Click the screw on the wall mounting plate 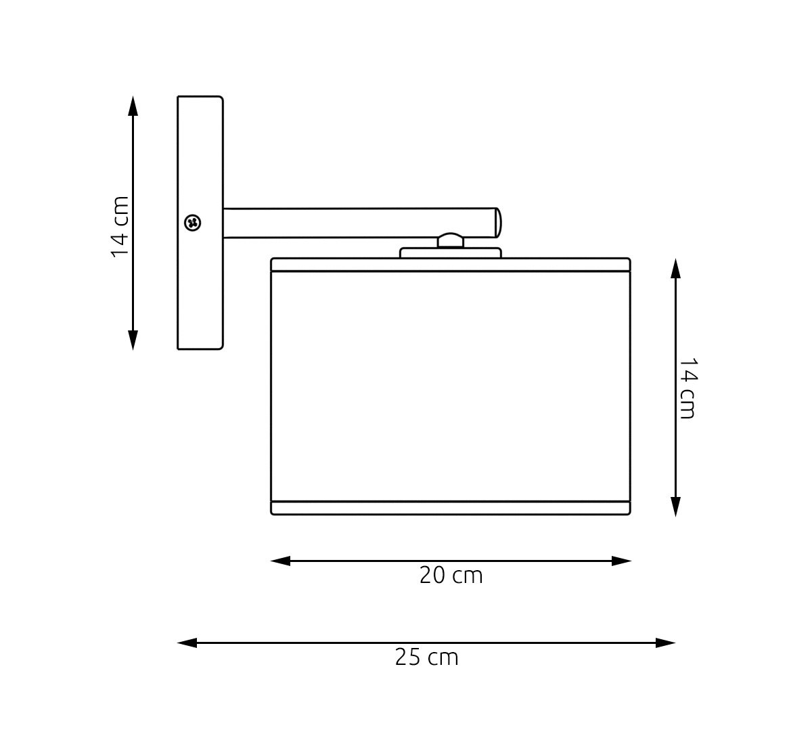tap(192, 223)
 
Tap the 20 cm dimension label tap(451, 575)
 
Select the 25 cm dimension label tap(427, 657)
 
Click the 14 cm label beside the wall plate tap(120, 227)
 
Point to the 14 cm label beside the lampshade tap(687, 388)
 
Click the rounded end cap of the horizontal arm tap(498, 223)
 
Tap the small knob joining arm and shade tap(451, 240)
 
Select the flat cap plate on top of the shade tap(451, 253)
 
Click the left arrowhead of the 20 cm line tap(280, 561)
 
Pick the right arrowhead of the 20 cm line tap(622, 561)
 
